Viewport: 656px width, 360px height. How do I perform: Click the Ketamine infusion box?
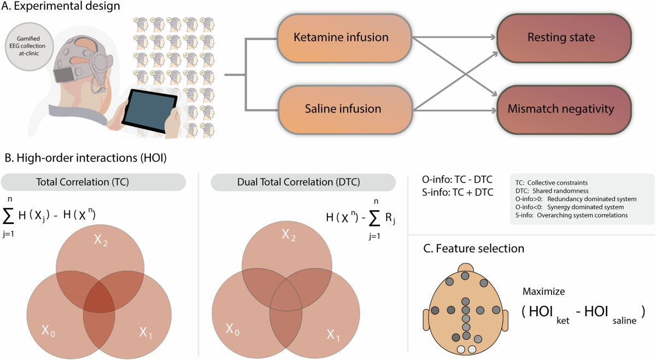[x=345, y=38]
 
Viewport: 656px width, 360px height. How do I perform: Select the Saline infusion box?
[x=345, y=109]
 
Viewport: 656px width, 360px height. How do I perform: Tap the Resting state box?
[x=564, y=38]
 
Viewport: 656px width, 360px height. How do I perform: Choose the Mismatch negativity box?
[x=564, y=109]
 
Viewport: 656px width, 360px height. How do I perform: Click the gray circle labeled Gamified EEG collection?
[x=29, y=46]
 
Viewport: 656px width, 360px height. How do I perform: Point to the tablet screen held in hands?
[x=149, y=111]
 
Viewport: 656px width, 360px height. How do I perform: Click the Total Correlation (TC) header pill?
[x=93, y=182]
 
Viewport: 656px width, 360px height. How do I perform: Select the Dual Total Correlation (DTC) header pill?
[x=303, y=182]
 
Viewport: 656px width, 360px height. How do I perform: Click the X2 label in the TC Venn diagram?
[x=101, y=240]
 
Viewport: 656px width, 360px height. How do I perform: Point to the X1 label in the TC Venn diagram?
[x=145, y=333]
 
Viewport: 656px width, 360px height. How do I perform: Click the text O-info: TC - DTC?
[x=457, y=179]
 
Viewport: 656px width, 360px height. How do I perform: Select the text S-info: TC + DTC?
[x=458, y=192]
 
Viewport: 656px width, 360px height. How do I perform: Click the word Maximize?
[x=544, y=292]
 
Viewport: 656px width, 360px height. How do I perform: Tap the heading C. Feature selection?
[x=473, y=249]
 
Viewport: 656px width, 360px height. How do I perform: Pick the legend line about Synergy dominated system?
[x=570, y=207]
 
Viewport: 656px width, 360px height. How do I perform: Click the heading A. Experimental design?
[x=61, y=6]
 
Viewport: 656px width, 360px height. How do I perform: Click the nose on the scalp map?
[x=465, y=268]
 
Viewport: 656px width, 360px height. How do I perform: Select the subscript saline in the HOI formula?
[x=624, y=321]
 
